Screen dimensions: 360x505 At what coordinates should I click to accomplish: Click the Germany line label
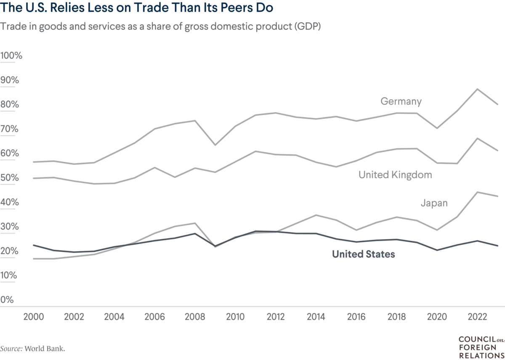click(x=401, y=101)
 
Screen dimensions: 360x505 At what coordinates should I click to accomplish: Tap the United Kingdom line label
click(x=395, y=175)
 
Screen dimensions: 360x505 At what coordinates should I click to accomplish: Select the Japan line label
click(x=434, y=203)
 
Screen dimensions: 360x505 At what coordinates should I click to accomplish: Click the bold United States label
click(x=363, y=254)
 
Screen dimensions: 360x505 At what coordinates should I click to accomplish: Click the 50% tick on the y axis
click(x=9, y=178)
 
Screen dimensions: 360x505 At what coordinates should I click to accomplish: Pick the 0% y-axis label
click(x=7, y=300)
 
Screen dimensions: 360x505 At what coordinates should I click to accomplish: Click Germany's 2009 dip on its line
click(x=215, y=145)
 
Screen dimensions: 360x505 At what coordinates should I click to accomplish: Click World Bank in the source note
click(x=45, y=349)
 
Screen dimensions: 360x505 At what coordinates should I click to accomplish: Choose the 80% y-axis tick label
click(x=9, y=105)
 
